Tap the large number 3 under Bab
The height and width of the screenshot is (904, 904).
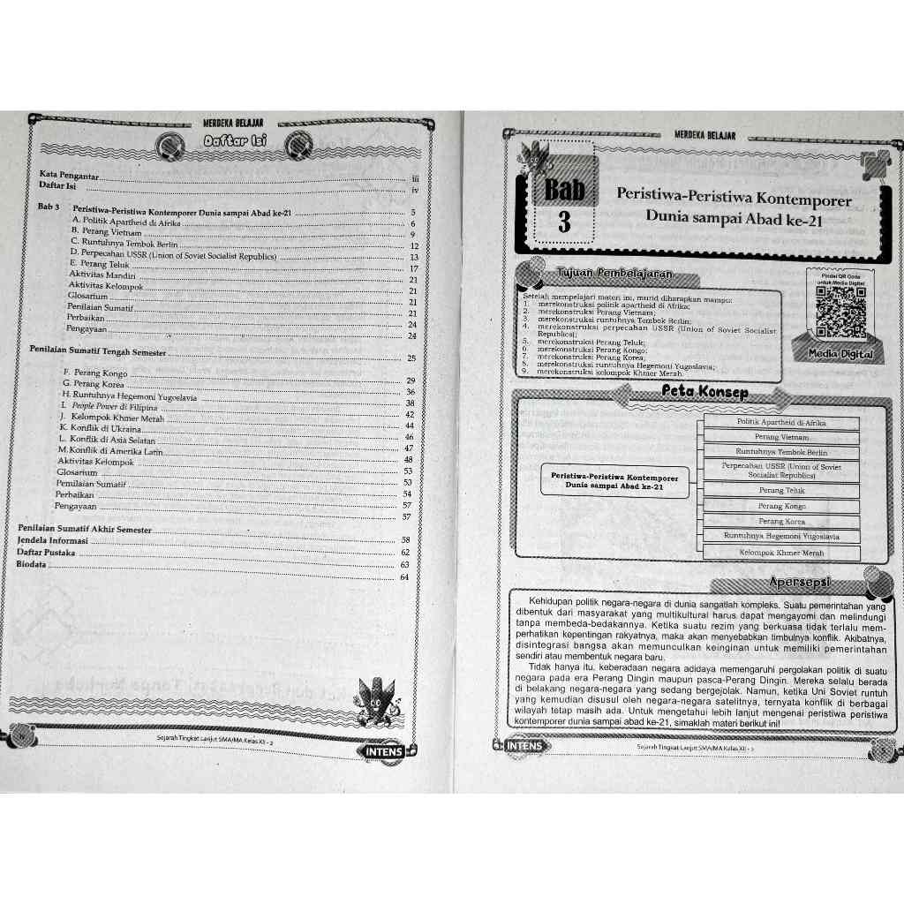coord(564,222)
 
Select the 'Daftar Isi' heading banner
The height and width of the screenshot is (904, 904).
coord(235,141)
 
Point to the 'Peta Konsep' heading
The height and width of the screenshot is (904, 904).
coord(703,392)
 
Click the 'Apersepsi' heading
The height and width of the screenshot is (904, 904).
coord(802,583)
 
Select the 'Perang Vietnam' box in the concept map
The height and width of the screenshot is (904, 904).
coord(781,437)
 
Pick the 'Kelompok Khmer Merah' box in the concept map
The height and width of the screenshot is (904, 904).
coord(781,553)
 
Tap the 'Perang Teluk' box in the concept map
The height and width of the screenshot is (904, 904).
coord(781,490)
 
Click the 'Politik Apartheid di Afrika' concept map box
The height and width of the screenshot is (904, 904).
coord(781,422)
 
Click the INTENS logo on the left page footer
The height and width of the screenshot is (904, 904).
coord(380,752)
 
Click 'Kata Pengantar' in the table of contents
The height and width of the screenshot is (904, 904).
coord(67,175)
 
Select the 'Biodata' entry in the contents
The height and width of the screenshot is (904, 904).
coord(32,564)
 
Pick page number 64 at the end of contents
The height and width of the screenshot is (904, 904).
coord(404,577)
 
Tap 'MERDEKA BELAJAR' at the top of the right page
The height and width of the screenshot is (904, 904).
coord(704,136)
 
